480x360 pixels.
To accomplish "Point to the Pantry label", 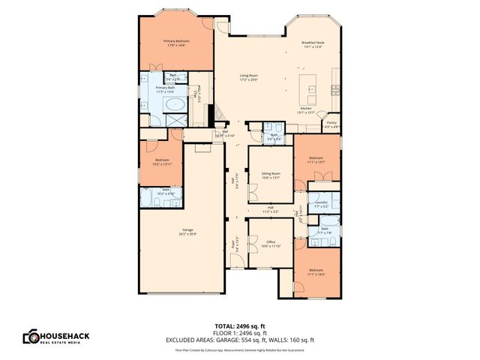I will click(331, 124).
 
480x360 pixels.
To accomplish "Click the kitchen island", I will click(310, 89).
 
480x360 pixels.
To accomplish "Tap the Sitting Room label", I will click(271, 175).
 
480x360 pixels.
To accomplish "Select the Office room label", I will click(271, 243).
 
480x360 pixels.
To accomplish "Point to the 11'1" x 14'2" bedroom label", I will click(316, 272).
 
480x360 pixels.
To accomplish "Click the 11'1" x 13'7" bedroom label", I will click(316, 159).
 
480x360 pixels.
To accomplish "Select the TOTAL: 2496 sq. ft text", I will click(240, 325).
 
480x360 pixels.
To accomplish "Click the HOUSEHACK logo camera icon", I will click(31, 337).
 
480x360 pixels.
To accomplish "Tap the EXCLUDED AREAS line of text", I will click(240, 340).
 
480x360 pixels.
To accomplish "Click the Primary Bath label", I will click(166, 89).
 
